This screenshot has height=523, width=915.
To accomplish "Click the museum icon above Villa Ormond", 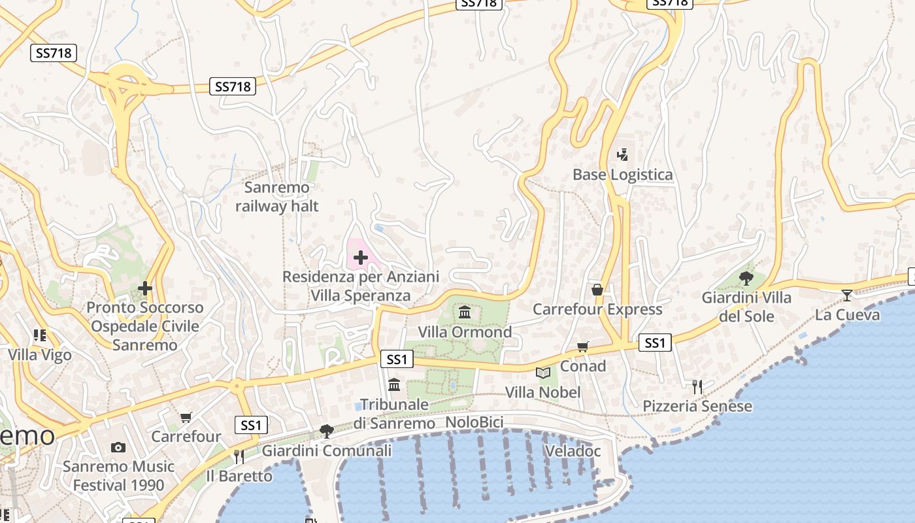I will pyautogui.click(x=465, y=311).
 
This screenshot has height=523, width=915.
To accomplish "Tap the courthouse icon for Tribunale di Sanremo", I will pyautogui.click(x=394, y=384).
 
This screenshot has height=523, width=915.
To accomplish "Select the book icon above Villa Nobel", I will pyautogui.click(x=542, y=373).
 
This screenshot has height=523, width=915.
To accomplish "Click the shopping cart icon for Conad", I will pyautogui.click(x=582, y=347).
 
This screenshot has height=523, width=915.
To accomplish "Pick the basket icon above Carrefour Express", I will pyautogui.click(x=597, y=290).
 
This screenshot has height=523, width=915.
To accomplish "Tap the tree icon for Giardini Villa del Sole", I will pyautogui.click(x=746, y=278).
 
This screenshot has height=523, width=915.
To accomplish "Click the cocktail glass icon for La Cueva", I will pyautogui.click(x=847, y=295).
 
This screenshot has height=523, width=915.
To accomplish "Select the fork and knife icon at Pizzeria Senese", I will pyautogui.click(x=697, y=387).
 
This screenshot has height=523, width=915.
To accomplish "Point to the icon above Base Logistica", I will pyautogui.click(x=622, y=155).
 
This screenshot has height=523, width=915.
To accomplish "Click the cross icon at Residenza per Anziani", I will pyautogui.click(x=360, y=258).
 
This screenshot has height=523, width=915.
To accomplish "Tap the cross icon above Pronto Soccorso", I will pyautogui.click(x=145, y=288).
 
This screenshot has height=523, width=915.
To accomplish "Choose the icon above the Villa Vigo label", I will pyautogui.click(x=40, y=336).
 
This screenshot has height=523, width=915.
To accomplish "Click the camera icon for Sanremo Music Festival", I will pyautogui.click(x=118, y=448).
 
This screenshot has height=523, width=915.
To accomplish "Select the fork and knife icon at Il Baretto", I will pyautogui.click(x=239, y=457).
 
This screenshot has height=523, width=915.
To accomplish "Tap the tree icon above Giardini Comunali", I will pyautogui.click(x=327, y=431).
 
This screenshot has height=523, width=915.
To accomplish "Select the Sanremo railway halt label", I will pyautogui.click(x=277, y=197).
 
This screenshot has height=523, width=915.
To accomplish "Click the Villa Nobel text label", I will pyautogui.click(x=542, y=392).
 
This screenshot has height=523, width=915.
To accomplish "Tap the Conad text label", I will pyautogui.click(x=583, y=366).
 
